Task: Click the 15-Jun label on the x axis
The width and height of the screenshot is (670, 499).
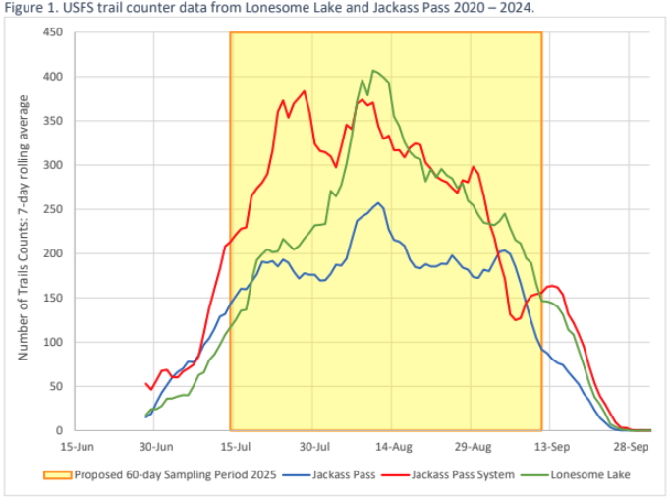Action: (78, 445)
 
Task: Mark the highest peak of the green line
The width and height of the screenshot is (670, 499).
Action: (373, 71)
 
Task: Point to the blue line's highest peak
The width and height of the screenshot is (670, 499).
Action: (379, 203)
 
